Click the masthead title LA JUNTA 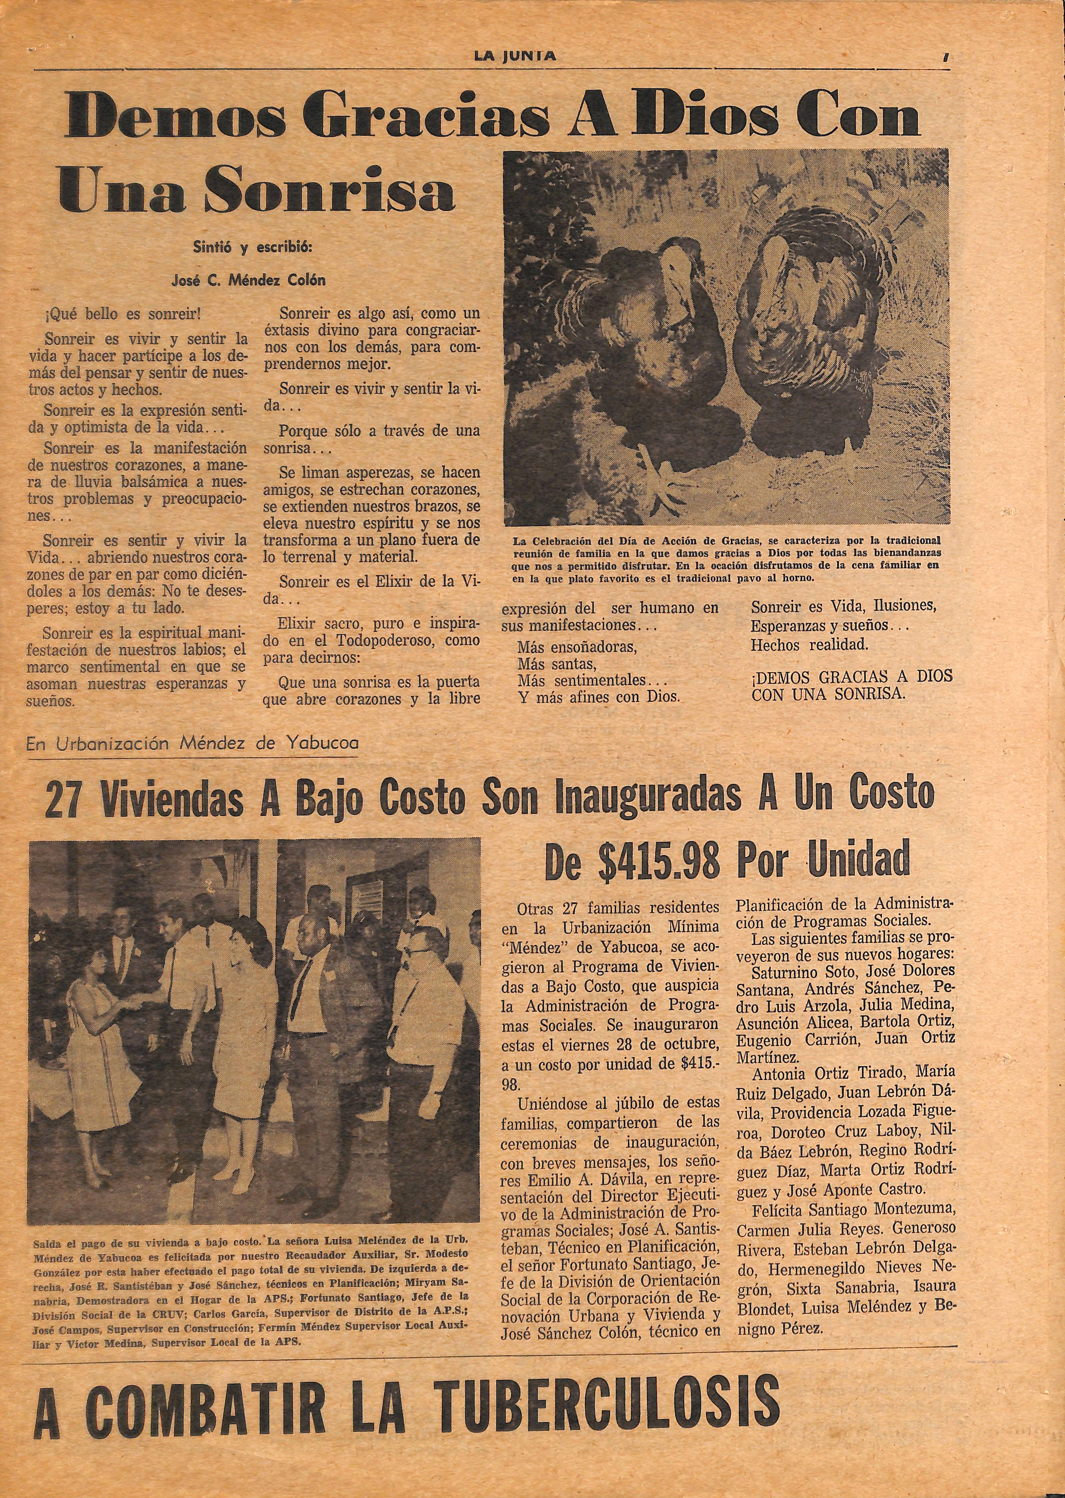pyautogui.click(x=516, y=56)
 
